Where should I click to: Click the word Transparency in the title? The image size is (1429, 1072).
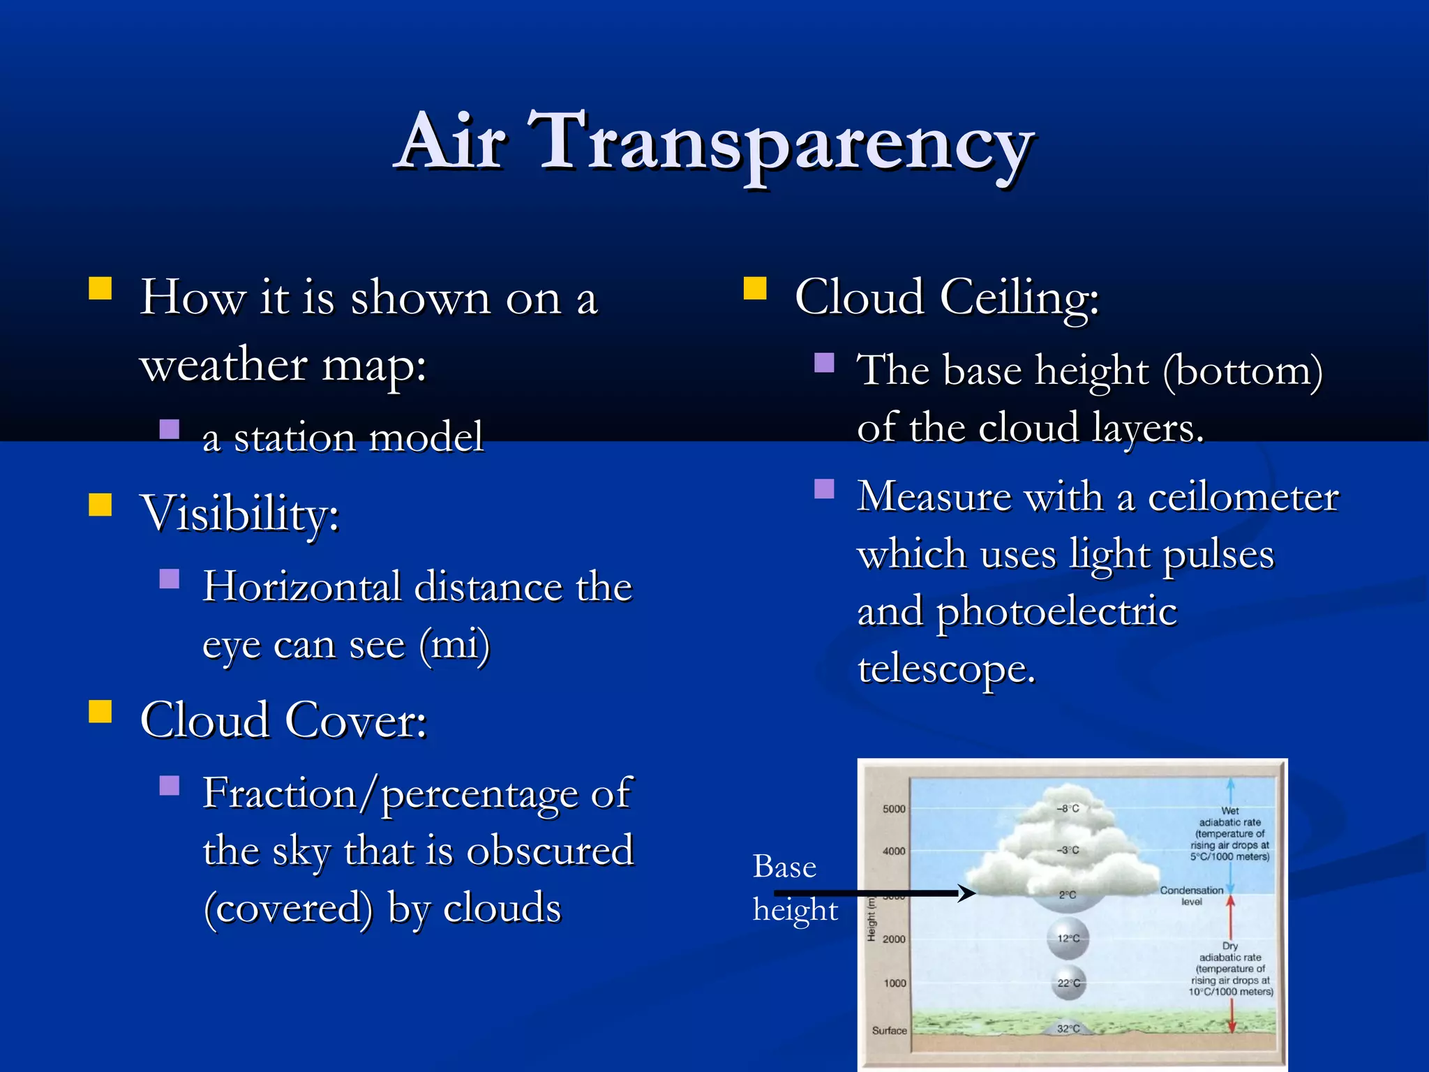point(780,143)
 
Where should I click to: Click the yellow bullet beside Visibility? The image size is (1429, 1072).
point(100,505)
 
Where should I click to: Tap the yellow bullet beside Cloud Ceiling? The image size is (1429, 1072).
point(755,288)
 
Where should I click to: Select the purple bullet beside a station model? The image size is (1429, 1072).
point(170,429)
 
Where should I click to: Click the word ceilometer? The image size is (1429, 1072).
point(1243,498)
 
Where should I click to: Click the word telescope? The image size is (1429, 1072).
point(945,669)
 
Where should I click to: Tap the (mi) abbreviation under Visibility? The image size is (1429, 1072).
point(454,643)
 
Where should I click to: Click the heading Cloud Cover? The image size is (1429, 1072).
point(283,721)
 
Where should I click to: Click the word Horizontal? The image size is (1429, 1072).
point(301,586)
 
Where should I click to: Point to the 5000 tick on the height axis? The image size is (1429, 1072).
point(894,809)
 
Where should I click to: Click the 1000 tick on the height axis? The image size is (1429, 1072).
point(895,983)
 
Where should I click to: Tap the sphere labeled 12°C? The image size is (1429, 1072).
point(1068,939)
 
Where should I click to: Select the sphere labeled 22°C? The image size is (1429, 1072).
point(1068,983)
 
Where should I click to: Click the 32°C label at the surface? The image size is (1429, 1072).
point(1068,1029)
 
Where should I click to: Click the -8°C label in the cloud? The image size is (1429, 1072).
point(1068,808)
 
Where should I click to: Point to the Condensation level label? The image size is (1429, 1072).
point(1191,895)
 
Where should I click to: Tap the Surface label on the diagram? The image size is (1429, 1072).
point(889,1030)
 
